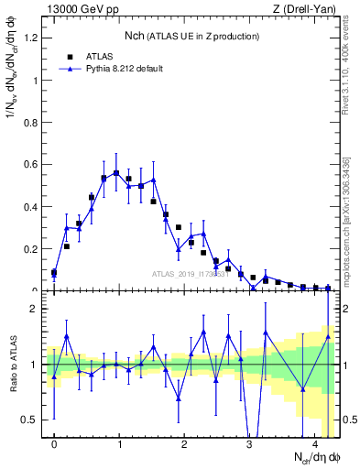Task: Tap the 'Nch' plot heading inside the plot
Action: [137, 36]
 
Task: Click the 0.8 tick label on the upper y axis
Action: [32, 122]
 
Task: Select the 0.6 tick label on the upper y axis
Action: [32, 164]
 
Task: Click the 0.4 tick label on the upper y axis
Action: [32, 206]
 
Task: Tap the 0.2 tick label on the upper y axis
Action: [32, 248]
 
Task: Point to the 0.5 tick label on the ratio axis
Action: [32, 420]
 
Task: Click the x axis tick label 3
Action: [249, 443]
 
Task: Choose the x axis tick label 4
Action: [314, 443]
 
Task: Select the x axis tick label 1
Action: [119, 443]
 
